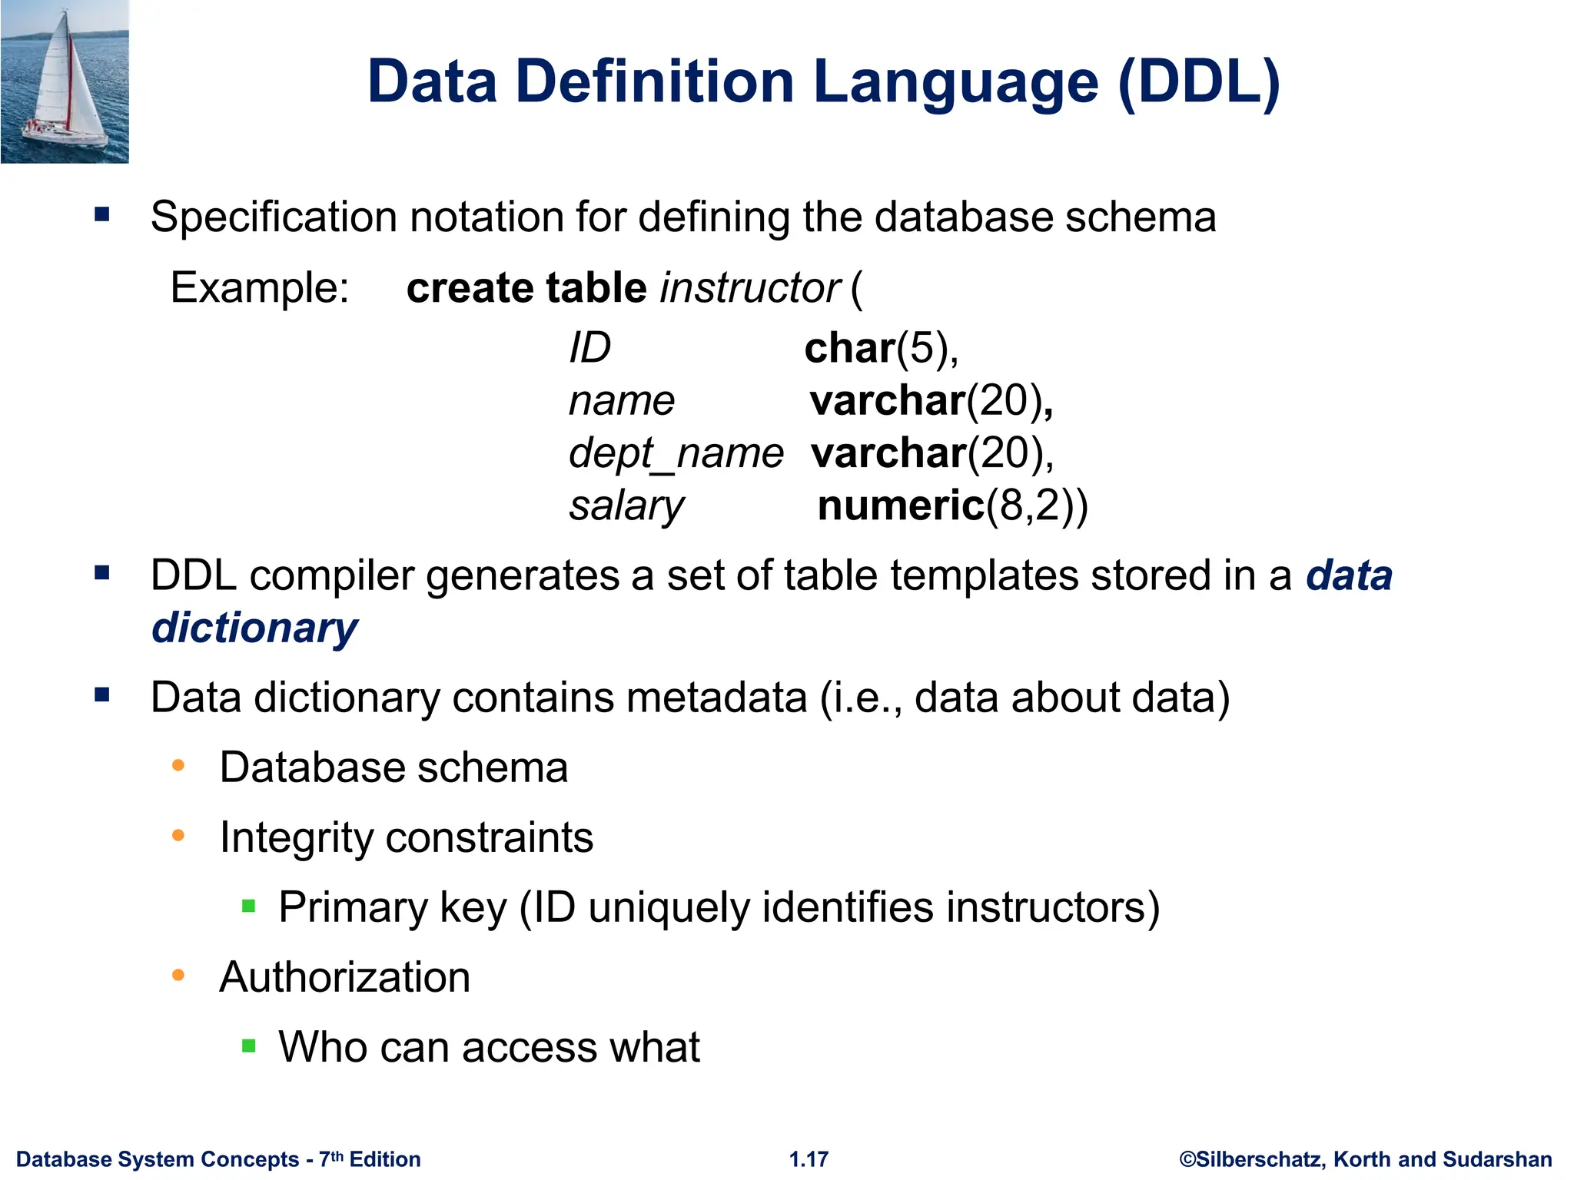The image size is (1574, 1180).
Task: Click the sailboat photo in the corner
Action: [65, 81]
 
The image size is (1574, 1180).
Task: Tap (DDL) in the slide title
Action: [1198, 82]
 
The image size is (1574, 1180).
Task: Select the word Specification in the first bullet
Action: [274, 217]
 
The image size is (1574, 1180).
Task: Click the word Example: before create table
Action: [260, 288]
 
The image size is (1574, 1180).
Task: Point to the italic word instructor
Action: [749, 288]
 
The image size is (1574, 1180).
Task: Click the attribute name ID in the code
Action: [589, 348]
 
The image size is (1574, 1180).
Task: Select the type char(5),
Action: [882, 348]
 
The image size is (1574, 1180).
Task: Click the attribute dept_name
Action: [676, 453]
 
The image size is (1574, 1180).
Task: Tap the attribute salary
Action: [626, 505]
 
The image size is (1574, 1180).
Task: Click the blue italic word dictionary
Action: [254, 628]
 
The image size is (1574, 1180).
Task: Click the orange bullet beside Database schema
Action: [178, 765]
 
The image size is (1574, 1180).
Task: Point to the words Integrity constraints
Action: [406, 837]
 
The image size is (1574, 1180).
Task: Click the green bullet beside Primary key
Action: [248, 906]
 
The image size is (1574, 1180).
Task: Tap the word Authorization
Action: [344, 977]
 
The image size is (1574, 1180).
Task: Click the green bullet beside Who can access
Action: [248, 1046]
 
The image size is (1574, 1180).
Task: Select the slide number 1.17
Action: [809, 1159]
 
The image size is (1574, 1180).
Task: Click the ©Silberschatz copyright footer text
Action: [1365, 1159]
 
